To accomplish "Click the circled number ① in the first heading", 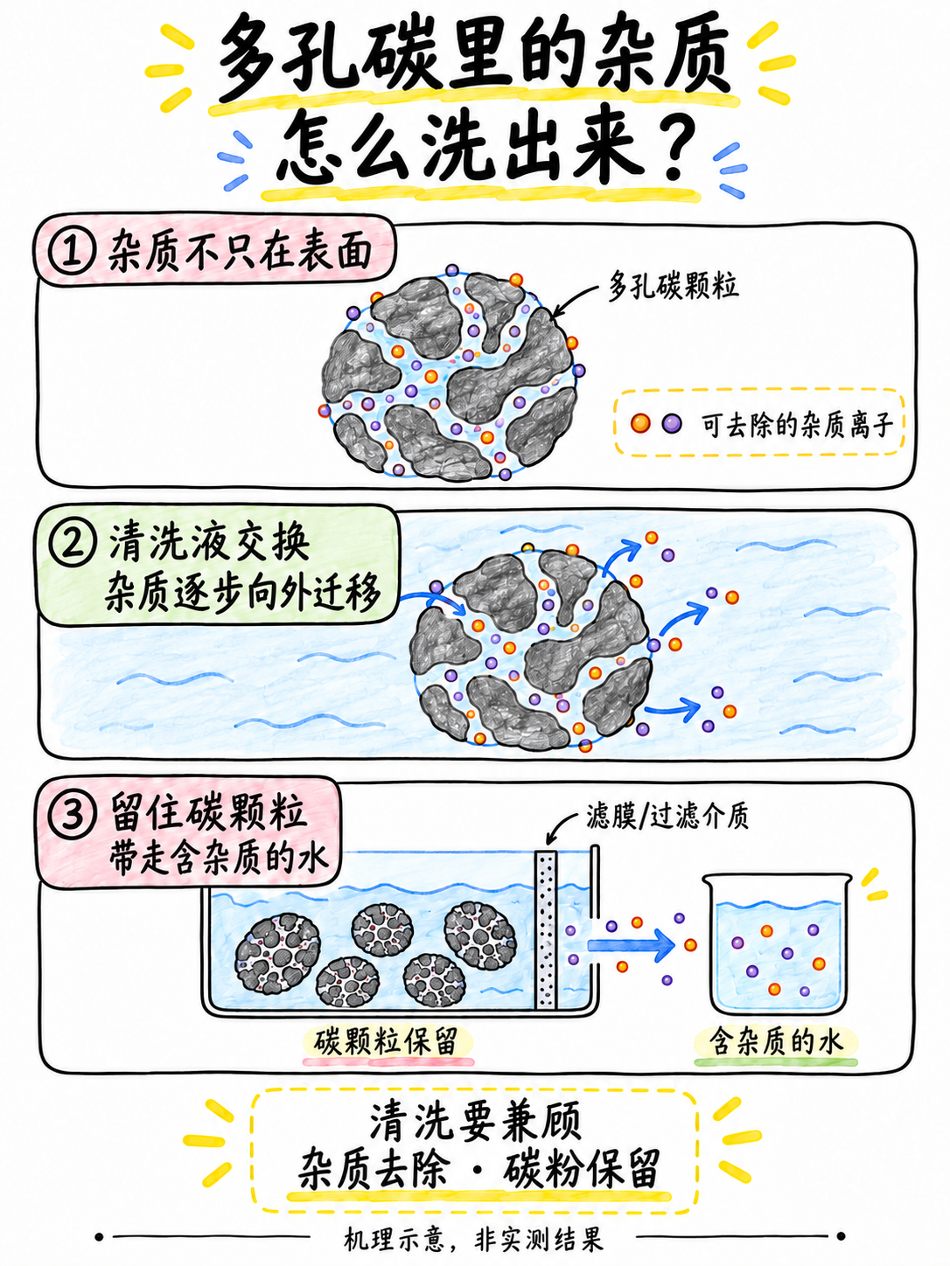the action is [71, 253].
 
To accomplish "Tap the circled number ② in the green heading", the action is [71, 544].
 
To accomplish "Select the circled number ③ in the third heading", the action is [71, 817].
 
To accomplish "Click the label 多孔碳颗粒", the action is [673, 286].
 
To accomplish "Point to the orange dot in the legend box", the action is [640, 423].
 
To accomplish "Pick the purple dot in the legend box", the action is [672, 423].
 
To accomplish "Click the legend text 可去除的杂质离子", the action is [798, 425].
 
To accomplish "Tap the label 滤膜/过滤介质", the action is [667, 817].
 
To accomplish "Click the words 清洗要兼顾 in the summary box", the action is [475, 1123].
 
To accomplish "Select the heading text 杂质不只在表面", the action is [241, 253].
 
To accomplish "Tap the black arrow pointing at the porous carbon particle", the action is [576, 298].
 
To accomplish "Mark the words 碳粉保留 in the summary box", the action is [581, 1170].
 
